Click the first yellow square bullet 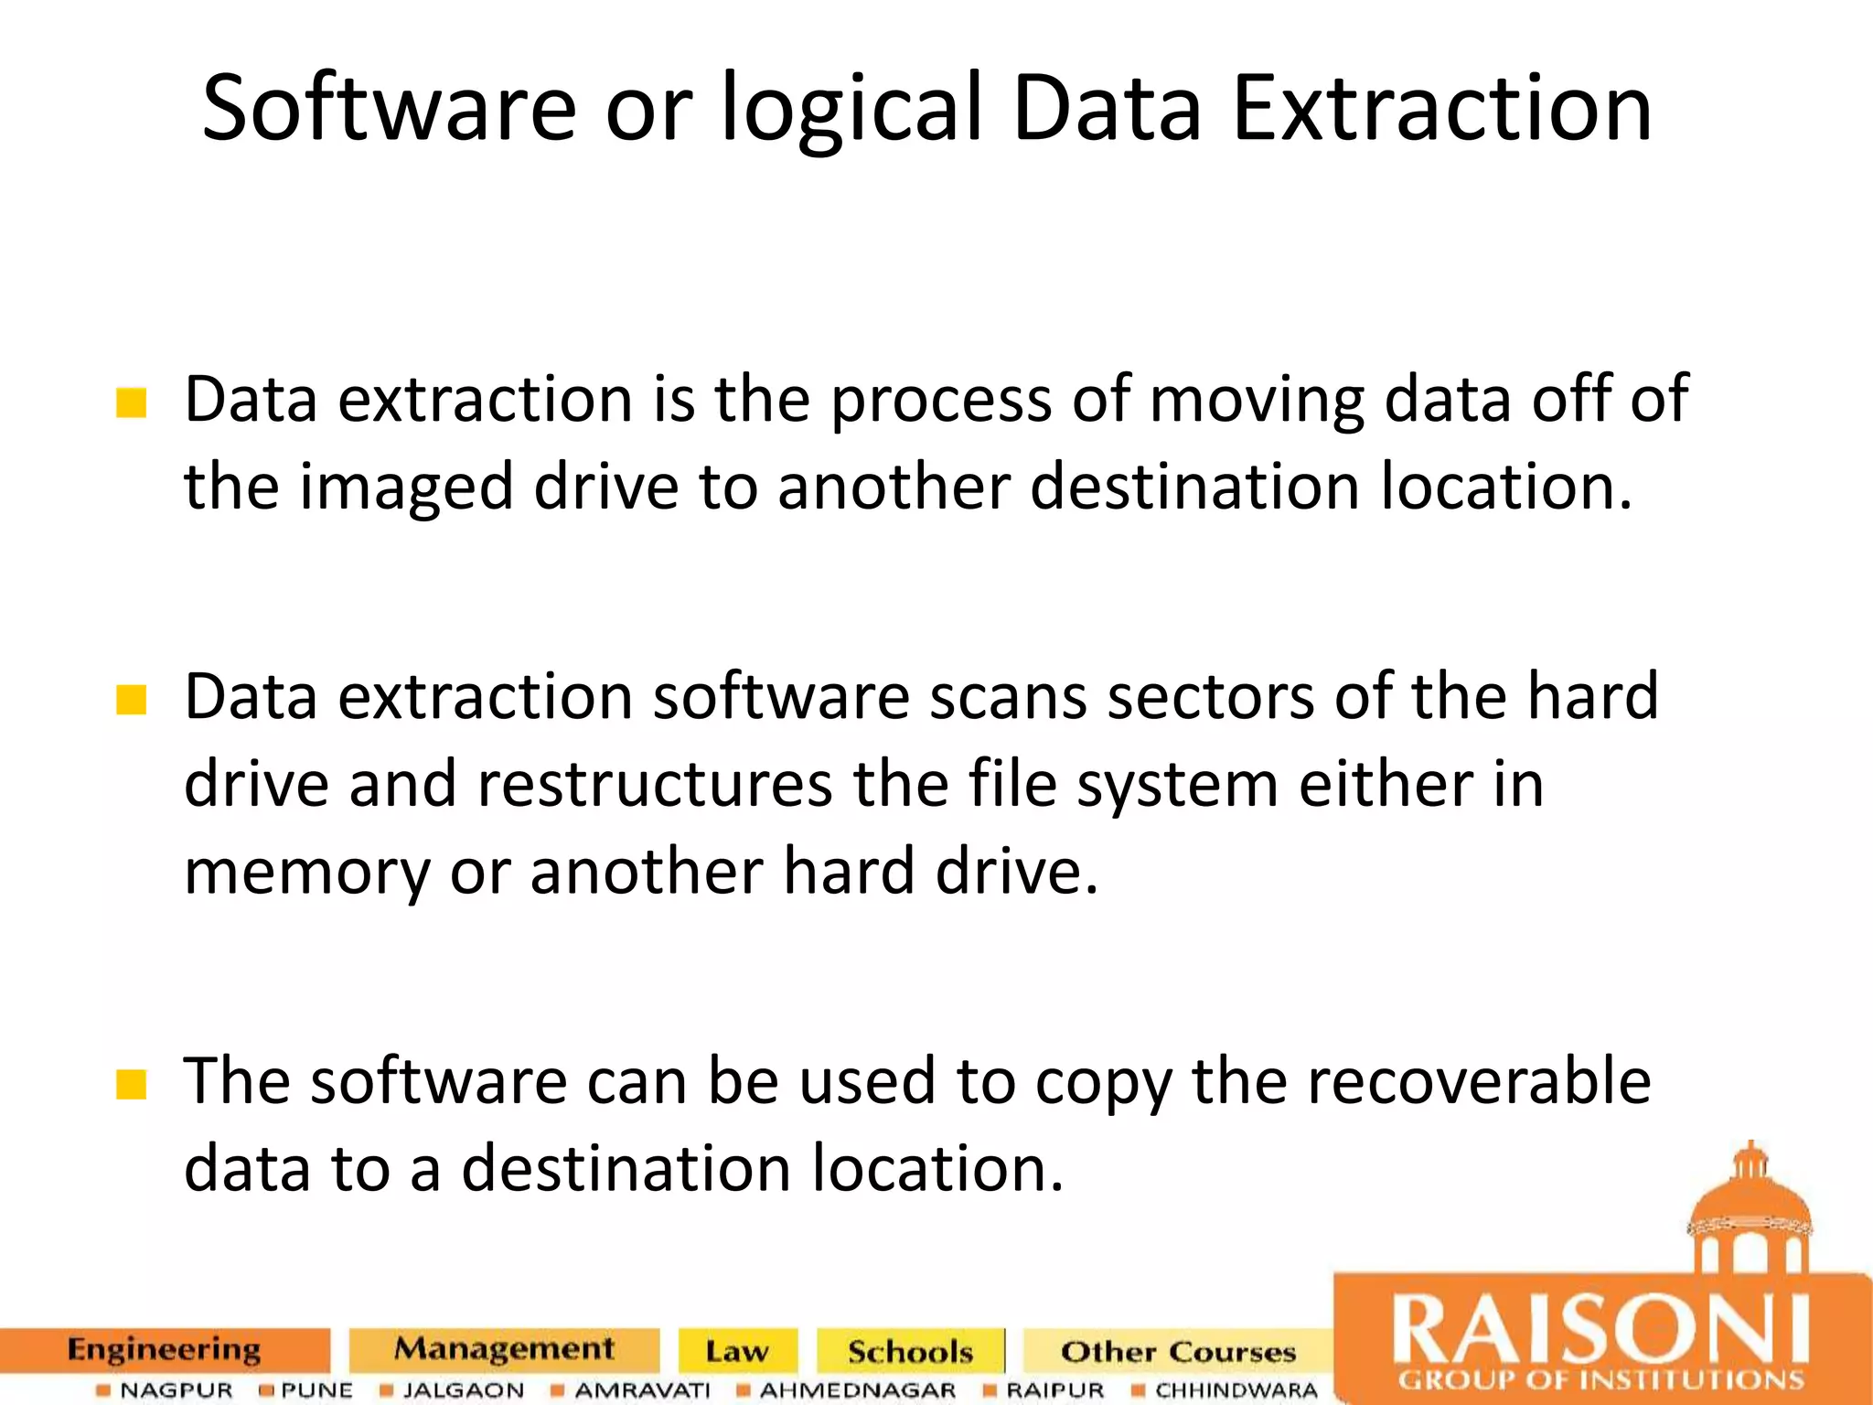(132, 402)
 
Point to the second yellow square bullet (132, 700)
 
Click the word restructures (655, 785)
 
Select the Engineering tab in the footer (165, 1350)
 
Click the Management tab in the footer (504, 1350)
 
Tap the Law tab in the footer (737, 1352)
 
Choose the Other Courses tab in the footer (1178, 1352)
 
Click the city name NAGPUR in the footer (177, 1390)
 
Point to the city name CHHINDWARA (1236, 1390)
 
